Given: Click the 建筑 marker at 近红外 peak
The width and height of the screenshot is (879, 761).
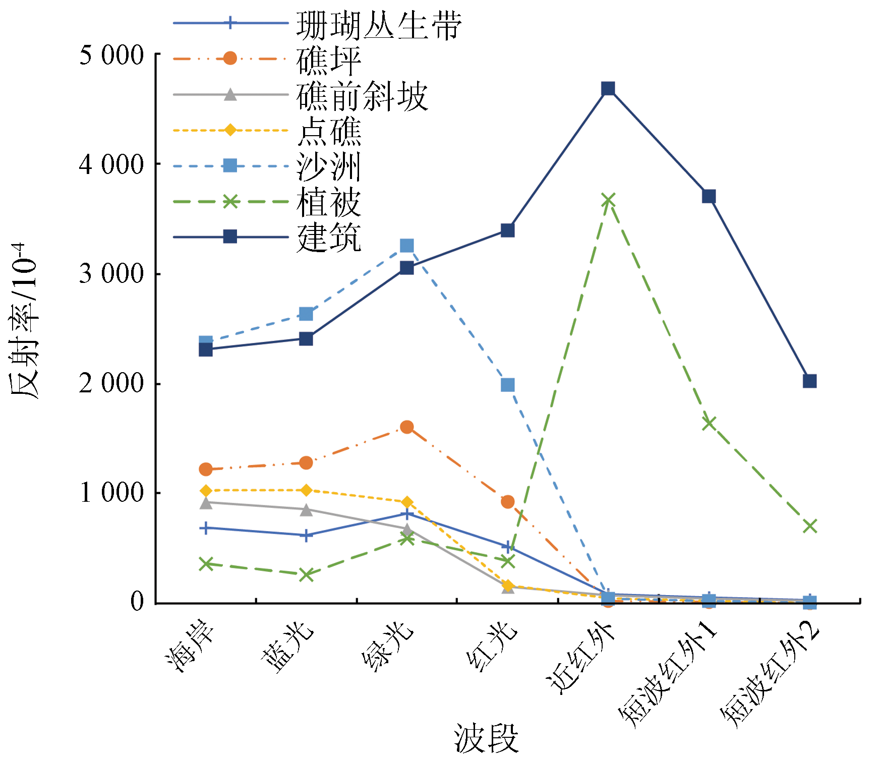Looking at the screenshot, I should (x=608, y=89).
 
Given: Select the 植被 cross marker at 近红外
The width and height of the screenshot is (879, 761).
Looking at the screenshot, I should (x=608, y=200).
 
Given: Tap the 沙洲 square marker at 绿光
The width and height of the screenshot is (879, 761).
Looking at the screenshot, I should (x=406, y=246).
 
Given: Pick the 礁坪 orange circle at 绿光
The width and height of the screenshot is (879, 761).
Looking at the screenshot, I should (x=406, y=427).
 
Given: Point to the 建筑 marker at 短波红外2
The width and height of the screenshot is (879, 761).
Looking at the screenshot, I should (x=809, y=381).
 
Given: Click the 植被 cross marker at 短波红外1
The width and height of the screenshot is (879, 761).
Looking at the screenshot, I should (x=709, y=423).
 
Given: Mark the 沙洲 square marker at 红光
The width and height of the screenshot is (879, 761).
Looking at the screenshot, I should (x=507, y=385).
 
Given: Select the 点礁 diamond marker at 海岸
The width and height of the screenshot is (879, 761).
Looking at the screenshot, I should (x=206, y=491).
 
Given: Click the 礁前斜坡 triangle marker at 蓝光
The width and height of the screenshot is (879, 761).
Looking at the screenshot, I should (x=306, y=510).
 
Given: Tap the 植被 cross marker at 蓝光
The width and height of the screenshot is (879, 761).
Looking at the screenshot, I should (x=306, y=574).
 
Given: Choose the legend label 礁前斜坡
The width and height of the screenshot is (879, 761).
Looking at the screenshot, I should (x=362, y=96).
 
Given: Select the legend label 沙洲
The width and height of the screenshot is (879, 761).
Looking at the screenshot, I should (x=329, y=167).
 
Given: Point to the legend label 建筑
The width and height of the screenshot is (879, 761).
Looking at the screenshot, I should (x=329, y=238).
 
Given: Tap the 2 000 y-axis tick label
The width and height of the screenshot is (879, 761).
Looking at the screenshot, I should (x=111, y=383).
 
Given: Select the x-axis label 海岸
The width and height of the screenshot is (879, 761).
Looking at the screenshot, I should (x=190, y=646).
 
